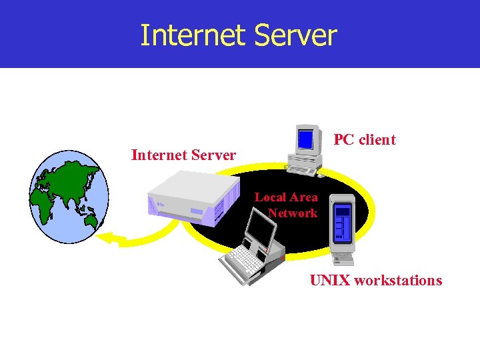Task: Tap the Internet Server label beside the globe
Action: click(x=183, y=155)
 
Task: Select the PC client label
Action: click(x=365, y=140)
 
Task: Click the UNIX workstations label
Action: click(x=375, y=280)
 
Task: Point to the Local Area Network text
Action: click(x=287, y=205)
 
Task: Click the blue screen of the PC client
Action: click(x=305, y=139)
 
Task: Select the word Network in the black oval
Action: click(x=293, y=213)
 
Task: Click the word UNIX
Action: click(x=329, y=280)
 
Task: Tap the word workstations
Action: click(x=398, y=280)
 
